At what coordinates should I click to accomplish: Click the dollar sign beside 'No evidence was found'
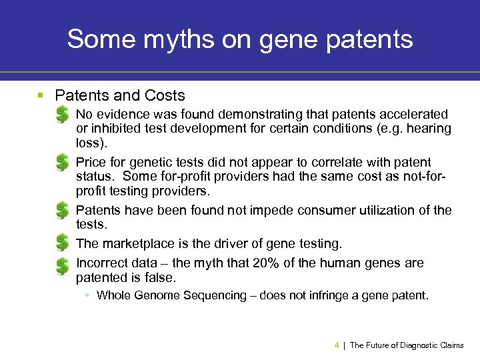61,114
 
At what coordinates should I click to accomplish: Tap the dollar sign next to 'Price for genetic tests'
61,162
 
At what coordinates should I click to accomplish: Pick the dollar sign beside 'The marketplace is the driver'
61,243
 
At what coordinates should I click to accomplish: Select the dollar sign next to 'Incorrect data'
61,266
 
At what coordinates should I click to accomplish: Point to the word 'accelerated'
415,114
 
